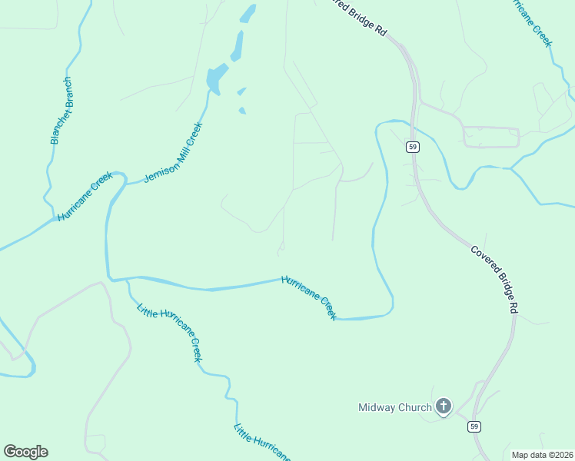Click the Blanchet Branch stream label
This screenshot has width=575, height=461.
(x=61, y=111)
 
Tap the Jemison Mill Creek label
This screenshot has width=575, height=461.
(x=173, y=152)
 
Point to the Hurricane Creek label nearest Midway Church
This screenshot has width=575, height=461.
(x=309, y=297)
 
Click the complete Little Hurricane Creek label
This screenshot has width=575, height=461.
(x=169, y=333)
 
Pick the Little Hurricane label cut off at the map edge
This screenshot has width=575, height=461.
(x=262, y=443)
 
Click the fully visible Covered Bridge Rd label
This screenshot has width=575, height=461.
(x=494, y=279)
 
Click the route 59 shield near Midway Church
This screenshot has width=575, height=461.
(x=475, y=426)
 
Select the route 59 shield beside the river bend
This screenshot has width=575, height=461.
(x=413, y=147)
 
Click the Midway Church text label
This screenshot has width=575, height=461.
(x=395, y=407)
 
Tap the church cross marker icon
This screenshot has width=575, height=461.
(x=444, y=406)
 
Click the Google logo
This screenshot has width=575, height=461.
(x=25, y=452)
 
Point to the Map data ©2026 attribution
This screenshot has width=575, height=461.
(x=542, y=455)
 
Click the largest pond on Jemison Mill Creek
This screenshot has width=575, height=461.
(x=216, y=78)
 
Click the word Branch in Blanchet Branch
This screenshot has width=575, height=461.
(x=65, y=91)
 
